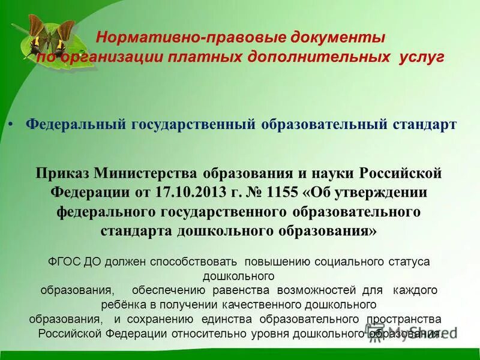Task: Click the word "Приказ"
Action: click(61, 173)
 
